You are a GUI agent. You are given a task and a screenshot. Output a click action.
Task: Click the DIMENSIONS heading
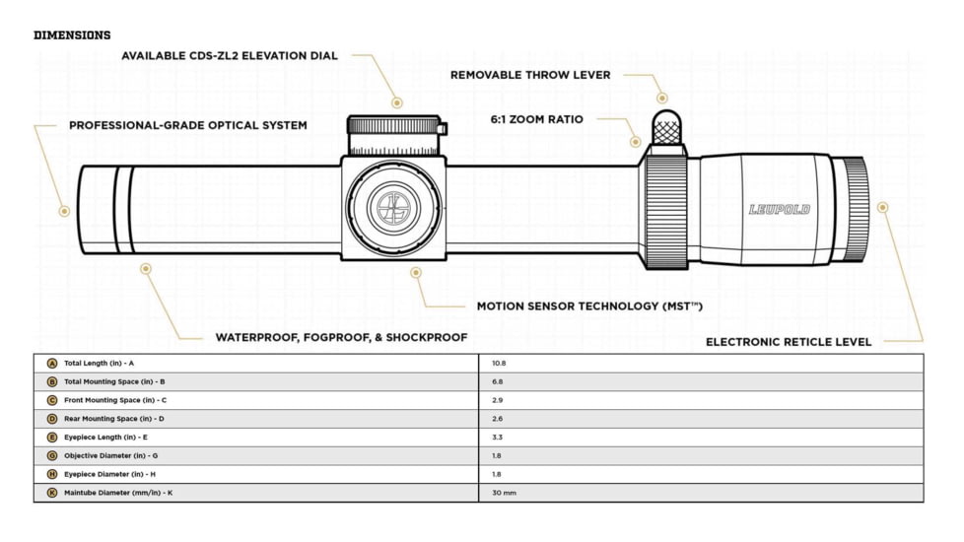click(72, 35)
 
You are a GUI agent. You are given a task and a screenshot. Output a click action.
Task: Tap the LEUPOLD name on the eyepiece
click(780, 210)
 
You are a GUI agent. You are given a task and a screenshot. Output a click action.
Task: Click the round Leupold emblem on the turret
click(393, 208)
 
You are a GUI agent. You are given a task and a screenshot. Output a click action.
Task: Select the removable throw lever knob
click(666, 127)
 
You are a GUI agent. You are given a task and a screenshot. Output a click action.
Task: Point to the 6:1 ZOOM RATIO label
click(537, 119)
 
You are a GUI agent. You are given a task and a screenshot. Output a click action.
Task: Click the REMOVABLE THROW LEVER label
click(530, 75)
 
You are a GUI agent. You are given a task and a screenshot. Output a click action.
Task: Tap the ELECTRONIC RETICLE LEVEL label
click(789, 342)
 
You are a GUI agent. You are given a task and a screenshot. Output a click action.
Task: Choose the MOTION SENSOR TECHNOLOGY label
click(589, 306)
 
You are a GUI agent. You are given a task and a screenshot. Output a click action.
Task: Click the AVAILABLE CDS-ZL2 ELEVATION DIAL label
click(230, 56)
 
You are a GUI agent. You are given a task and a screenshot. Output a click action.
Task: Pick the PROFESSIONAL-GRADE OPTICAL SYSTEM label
click(188, 125)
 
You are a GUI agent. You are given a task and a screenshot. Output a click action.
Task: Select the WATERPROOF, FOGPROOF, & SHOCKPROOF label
click(341, 337)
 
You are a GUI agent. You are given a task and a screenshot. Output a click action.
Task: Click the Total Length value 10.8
click(499, 364)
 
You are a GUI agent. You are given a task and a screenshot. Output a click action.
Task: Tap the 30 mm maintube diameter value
click(504, 493)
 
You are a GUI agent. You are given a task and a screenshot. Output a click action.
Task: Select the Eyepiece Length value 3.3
click(498, 438)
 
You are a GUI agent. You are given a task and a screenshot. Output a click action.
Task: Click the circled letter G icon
click(52, 456)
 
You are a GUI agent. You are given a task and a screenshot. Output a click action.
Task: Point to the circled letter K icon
click(52, 493)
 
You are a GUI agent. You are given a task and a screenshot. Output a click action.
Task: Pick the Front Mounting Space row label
click(115, 400)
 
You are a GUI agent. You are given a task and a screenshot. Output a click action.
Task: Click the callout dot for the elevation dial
click(397, 102)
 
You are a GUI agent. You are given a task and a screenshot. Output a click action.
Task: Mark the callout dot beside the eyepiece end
click(883, 208)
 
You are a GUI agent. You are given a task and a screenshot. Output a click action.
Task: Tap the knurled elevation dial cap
click(394, 125)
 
